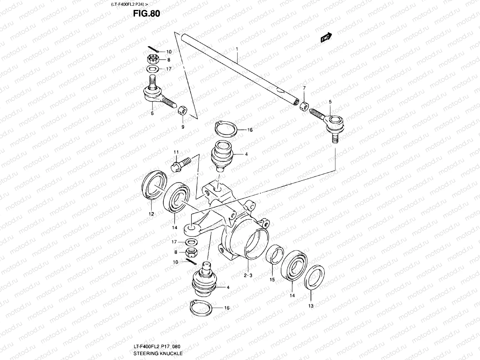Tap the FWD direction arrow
tap(326, 38)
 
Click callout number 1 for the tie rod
tap(237, 49)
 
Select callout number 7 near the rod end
tap(304, 88)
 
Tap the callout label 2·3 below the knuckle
tap(248, 276)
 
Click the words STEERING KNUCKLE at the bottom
tap(157, 353)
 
